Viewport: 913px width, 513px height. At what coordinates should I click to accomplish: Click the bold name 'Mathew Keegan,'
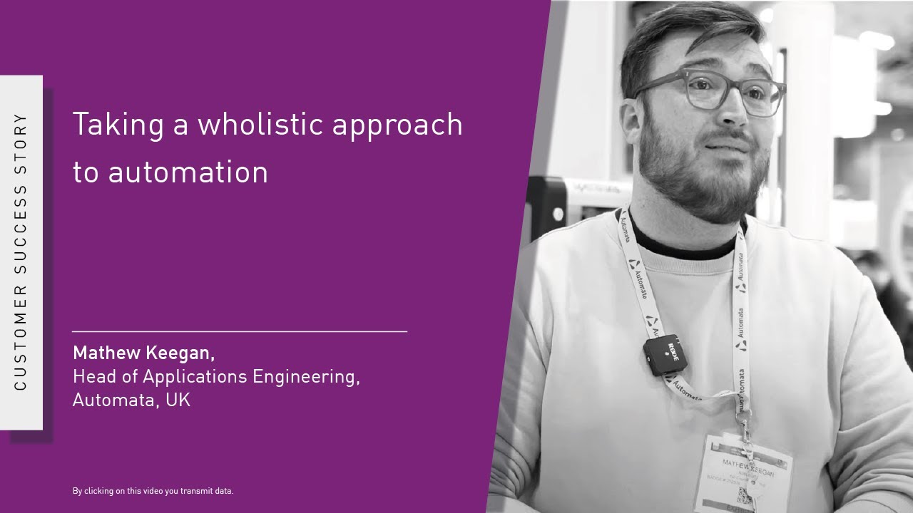coord(143,353)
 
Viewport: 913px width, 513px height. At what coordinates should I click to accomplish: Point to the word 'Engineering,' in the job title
coord(306,376)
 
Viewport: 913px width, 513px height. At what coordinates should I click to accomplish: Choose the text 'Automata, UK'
coord(131,400)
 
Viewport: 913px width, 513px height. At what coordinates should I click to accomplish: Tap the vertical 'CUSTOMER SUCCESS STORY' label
coord(21,252)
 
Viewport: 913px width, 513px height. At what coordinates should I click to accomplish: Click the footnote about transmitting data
coord(153,491)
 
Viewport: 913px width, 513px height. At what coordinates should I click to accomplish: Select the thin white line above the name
coord(240,331)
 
